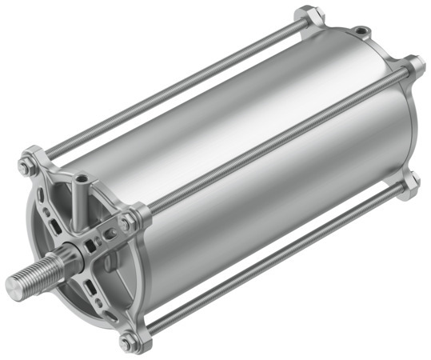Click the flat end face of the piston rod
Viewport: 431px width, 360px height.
click(x=16, y=283)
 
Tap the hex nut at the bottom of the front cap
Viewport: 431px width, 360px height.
click(x=129, y=342)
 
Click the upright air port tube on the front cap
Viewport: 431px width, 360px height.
click(x=81, y=192)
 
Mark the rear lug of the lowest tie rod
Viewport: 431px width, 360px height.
click(x=410, y=183)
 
